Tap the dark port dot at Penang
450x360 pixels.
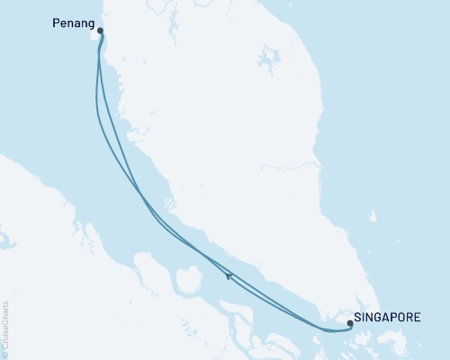[100, 31]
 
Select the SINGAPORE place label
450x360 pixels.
[387, 317]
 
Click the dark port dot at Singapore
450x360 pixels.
[349, 321]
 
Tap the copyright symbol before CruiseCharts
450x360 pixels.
[6, 354]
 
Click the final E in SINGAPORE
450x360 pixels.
[415, 317]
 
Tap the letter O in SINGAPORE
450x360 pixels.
[394, 317]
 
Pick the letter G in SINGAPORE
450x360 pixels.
[375, 317]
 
